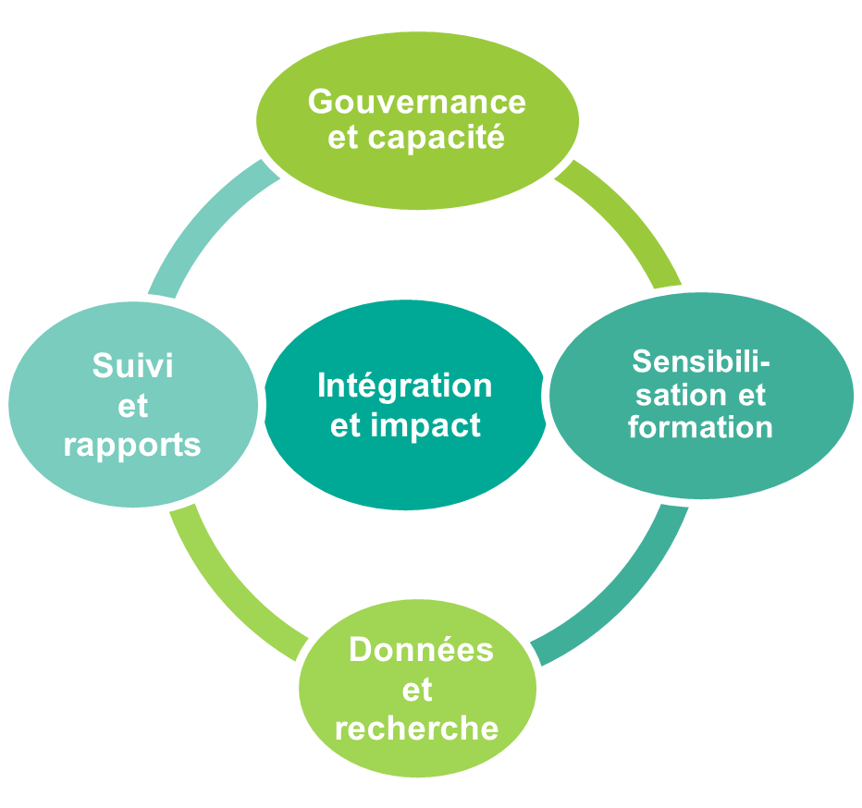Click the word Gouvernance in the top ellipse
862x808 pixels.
click(416, 101)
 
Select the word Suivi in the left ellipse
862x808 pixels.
click(132, 366)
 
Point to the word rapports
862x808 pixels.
click(132, 445)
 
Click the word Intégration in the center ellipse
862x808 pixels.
click(404, 386)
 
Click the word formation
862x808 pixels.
click(700, 428)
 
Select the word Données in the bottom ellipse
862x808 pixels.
click(421, 649)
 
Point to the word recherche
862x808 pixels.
click(416, 728)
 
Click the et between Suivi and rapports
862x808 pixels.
click(132, 406)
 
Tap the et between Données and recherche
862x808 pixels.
click(417, 689)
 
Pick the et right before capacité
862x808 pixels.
click(343, 138)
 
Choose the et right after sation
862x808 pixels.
click(751, 395)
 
